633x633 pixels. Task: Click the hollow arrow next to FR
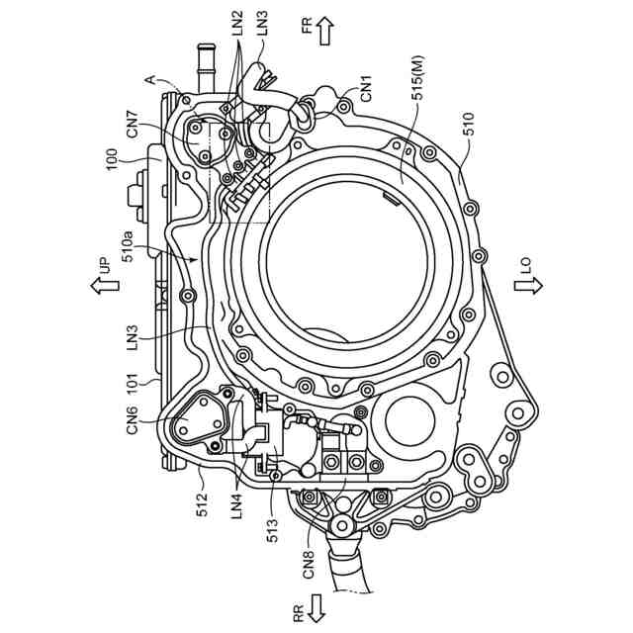tap(322, 33)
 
